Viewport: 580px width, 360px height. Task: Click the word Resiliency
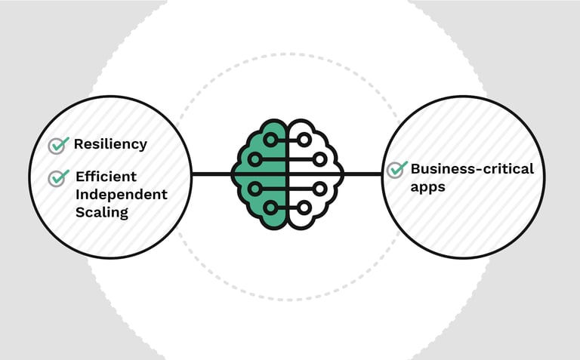click(x=110, y=144)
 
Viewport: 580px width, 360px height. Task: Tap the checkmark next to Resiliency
click(x=57, y=145)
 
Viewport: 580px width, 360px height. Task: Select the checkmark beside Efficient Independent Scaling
click(x=57, y=177)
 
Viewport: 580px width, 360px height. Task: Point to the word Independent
click(x=121, y=194)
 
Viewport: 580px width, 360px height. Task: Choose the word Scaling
click(x=102, y=212)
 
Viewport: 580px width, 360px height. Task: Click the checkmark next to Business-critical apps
click(x=396, y=169)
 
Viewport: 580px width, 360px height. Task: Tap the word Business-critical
click(x=472, y=168)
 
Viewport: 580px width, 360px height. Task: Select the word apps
click(x=427, y=186)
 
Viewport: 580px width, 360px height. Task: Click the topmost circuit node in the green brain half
click(x=270, y=140)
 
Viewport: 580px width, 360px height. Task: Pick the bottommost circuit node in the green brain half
click(x=270, y=207)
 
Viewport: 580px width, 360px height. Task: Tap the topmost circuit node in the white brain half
click(x=304, y=140)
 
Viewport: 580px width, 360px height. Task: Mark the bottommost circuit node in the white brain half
click(x=304, y=207)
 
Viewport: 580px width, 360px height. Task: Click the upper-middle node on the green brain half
click(x=255, y=159)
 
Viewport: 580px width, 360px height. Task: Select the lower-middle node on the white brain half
click(x=319, y=188)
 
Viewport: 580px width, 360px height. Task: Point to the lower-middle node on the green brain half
click(x=255, y=188)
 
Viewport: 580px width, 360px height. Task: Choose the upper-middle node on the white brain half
click(x=319, y=159)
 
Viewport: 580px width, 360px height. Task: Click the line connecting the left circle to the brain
click(x=211, y=174)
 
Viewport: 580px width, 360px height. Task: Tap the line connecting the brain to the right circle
click(x=362, y=174)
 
